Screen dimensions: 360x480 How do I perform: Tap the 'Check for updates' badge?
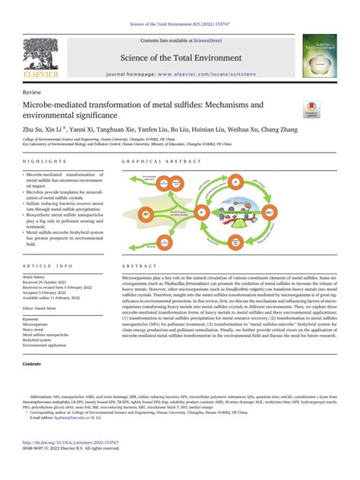click(x=313, y=110)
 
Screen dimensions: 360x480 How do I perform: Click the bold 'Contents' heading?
click(x=33, y=365)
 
